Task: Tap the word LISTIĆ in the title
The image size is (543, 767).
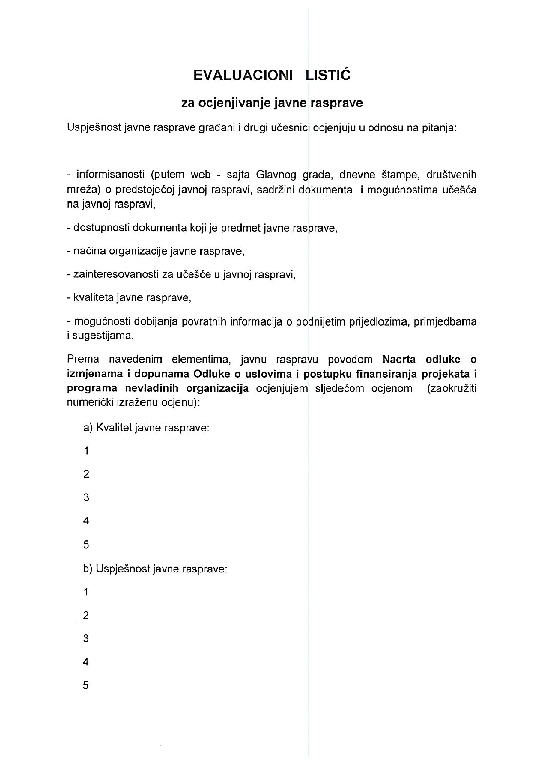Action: coord(328,76)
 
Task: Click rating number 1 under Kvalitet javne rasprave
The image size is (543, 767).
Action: coord(86,451)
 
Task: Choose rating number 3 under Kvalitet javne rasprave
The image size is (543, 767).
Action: coord(86,498)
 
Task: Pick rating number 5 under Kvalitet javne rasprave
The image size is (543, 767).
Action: coord(86,545)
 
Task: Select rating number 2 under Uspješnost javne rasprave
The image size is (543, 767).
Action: coord(86,616)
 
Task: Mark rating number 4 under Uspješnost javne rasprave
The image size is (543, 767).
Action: coord(86,662)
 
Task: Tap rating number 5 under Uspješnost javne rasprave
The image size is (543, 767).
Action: coord(86,686)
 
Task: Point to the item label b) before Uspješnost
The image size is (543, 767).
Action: coord(88,569)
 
